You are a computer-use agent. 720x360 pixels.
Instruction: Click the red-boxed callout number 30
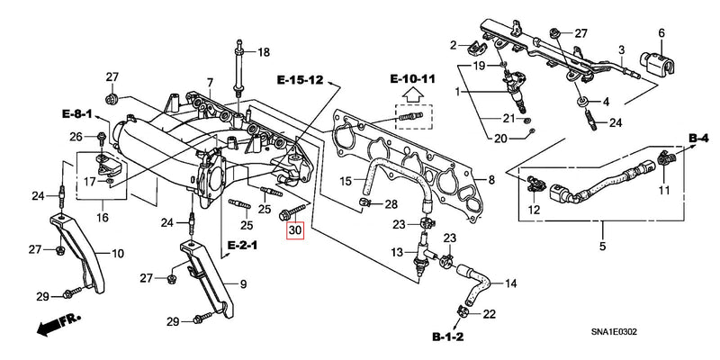tap(296, 230)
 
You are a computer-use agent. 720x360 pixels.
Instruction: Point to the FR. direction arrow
tap(56, 327)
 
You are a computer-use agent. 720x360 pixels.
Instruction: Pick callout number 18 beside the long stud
tap(263, 53)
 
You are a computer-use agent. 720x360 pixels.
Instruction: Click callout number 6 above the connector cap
tap(661, 33)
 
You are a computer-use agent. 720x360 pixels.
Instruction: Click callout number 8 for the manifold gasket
tap(491, 180)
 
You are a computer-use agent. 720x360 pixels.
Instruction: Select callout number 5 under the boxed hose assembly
tap(603, 246)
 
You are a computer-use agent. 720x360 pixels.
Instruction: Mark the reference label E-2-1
tap(241, 245)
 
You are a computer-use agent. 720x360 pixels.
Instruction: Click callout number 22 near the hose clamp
tap(490, 314)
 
